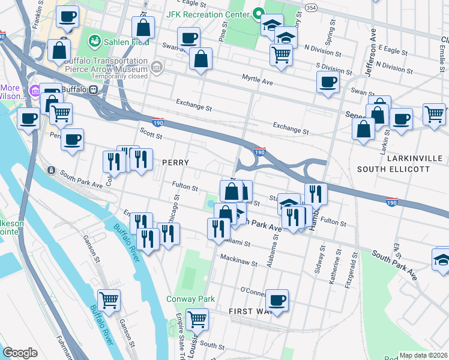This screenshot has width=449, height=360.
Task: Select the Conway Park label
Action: [x=190, y=298]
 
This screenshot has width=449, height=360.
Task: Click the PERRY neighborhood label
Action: [x=175, y=163]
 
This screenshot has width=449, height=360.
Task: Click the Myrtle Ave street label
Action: [x=257, y=79]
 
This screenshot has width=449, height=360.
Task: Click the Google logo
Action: [x=20, y=353]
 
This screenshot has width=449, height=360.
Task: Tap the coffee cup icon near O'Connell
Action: [x=277, y=299]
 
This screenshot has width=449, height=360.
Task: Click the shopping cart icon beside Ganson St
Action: [x=109, y=299]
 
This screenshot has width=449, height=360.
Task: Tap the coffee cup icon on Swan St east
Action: [x=328, y=82]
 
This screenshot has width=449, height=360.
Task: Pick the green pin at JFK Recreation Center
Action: [x=259, y=13]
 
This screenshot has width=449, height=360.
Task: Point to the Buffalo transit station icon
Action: [x=93, y=90]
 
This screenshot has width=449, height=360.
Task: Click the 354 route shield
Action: [x=311, y=6]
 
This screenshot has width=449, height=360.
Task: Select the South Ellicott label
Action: [x=393, y=169]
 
